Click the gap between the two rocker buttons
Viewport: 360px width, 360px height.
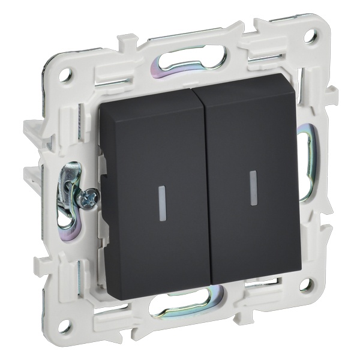pyautogui.click(x=204, y=180)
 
